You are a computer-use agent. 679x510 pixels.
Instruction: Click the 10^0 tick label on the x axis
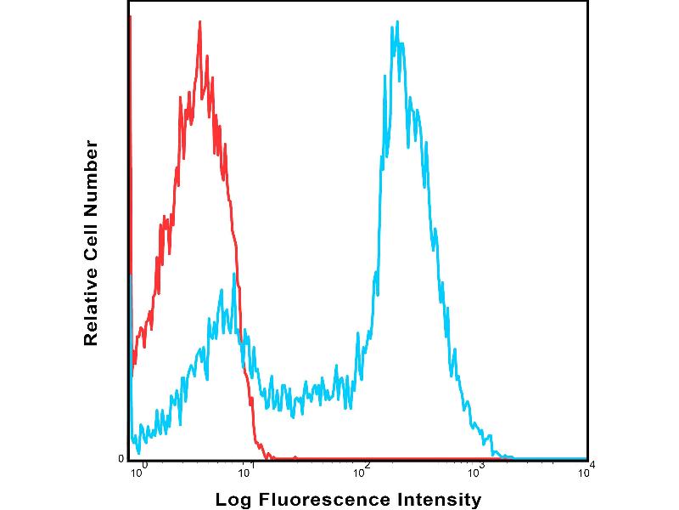point(138,467)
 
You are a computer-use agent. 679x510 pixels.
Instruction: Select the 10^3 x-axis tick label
point(476,467)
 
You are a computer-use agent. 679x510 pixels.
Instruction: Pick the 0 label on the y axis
point(121,459)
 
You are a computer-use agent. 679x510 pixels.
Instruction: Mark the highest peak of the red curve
point(199,22)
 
